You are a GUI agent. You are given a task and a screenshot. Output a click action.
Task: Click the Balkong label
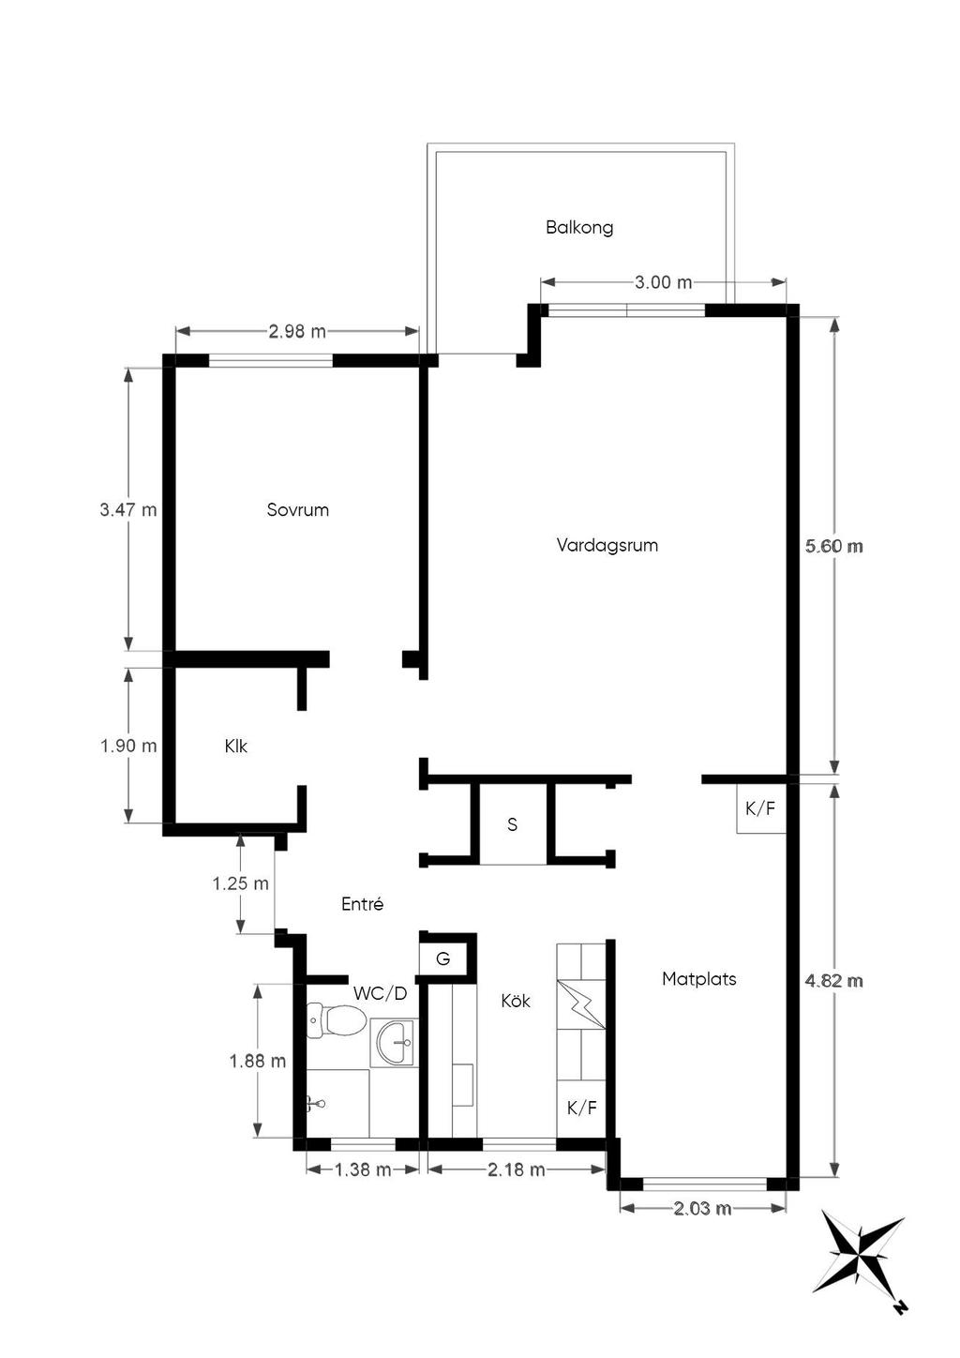coord(578,228)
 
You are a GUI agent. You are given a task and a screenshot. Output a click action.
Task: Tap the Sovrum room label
coord(297,510)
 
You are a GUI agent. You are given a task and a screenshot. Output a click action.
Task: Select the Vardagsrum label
coord(607,546)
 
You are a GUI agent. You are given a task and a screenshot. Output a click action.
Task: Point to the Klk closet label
coord(235,747)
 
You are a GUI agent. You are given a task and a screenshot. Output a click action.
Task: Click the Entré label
coord(363,904)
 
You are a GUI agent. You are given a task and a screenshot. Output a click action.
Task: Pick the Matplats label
coord(698,979)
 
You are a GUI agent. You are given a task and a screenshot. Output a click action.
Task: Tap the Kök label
coord(515,1001)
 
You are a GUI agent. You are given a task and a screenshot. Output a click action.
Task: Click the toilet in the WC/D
coord(336,1020)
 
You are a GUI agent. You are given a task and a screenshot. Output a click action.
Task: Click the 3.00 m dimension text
coord(663,282)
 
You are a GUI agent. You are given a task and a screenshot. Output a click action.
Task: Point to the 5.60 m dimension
coord(834,546)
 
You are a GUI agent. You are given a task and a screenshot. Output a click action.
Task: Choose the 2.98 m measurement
coord(297,332)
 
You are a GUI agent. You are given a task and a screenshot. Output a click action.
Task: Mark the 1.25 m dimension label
coord(240,883)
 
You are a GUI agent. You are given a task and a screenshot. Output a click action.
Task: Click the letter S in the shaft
coord(512,824)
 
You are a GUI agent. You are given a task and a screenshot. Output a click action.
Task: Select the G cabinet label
coord(443,959)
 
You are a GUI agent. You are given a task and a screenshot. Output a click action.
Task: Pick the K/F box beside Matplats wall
coord(760,808)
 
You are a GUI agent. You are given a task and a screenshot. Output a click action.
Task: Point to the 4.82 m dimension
coord(834,981)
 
